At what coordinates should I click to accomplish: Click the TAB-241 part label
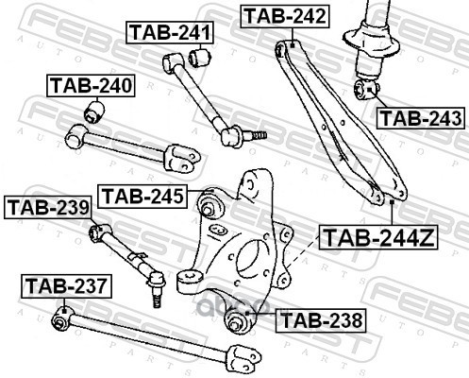[170, 32]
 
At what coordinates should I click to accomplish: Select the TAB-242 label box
[285, 16]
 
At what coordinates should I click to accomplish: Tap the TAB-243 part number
[421, 118]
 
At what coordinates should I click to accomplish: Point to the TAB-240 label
[91, 85]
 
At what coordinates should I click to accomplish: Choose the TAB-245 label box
[142, 197]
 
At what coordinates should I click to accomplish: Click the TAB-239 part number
[48, 208]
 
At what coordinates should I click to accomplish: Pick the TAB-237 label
[66, 286]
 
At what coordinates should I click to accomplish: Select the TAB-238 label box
[321, 320]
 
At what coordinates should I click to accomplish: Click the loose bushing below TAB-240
[94, 112]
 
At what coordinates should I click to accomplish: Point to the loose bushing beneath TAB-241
[199, 57]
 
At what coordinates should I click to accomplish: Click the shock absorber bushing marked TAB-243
[366, 89]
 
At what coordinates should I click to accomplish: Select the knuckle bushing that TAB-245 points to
[209, 205]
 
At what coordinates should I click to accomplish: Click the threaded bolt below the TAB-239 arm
[157, 290]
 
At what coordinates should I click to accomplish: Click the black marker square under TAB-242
[292, 45]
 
